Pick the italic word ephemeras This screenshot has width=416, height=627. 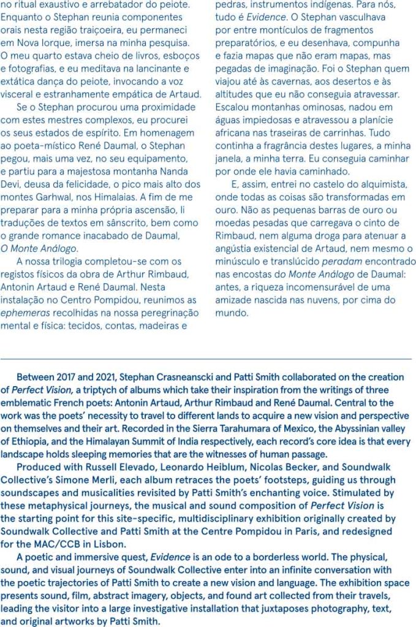(25, 313)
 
